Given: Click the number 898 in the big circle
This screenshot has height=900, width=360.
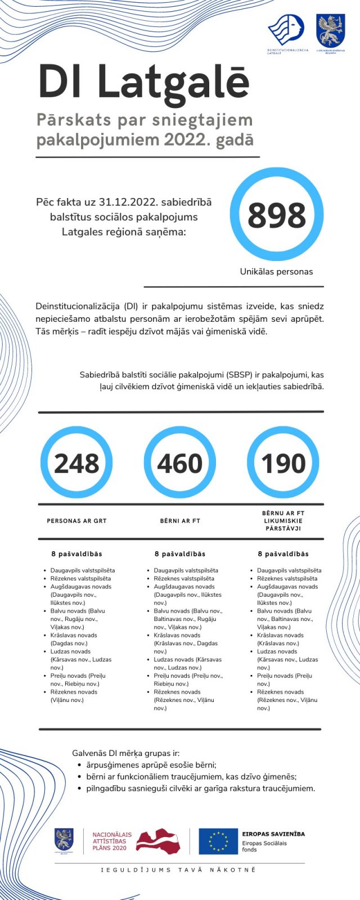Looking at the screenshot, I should (276, 215).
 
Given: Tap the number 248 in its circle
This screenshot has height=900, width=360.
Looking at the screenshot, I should (76, 463).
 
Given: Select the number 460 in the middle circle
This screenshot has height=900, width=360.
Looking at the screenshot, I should (179, 463).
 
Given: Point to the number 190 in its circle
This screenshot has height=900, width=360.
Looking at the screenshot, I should (283, 463).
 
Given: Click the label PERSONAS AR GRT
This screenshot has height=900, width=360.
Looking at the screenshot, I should (76, 521).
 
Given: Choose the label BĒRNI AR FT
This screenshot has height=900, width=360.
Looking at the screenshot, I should (180, 521).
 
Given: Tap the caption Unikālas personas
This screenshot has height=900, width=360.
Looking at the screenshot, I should (276, 271).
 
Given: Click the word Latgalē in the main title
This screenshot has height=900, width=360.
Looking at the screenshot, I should (173, 83).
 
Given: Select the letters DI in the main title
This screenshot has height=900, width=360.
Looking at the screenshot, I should (61, 83).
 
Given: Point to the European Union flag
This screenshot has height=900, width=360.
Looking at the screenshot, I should (218, 841).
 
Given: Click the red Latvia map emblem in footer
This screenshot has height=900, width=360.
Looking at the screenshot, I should (158, 841).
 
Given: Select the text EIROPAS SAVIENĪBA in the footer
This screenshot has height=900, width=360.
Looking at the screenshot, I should (273, 834).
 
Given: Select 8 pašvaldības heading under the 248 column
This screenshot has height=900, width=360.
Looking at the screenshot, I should (76, 554).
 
